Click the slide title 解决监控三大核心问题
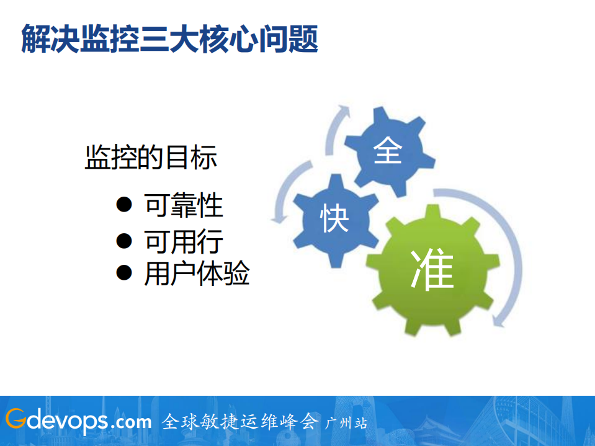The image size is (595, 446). [169, 39]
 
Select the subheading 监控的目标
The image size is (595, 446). [151, 158]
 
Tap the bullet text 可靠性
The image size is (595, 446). [184, 205]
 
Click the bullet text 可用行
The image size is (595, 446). [184, 241]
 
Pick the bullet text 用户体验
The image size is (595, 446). [197, 274]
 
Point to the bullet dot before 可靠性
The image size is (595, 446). [124, 205]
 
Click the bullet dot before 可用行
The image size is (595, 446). [124, 240]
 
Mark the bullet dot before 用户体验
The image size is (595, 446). [124, 273]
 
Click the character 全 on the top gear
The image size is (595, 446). [388, 151]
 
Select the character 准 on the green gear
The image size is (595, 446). [432, 270]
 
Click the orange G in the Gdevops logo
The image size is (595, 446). [16, 421]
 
